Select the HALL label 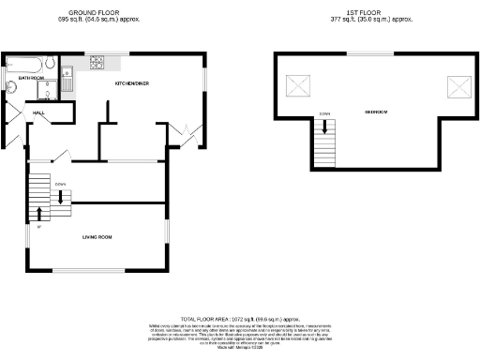tap(39, 112)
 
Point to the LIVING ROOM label tap(97, 237)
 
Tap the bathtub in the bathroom tap(23, 64)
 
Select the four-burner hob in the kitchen tap(97, 63)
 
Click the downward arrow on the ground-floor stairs tap(61, 196)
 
